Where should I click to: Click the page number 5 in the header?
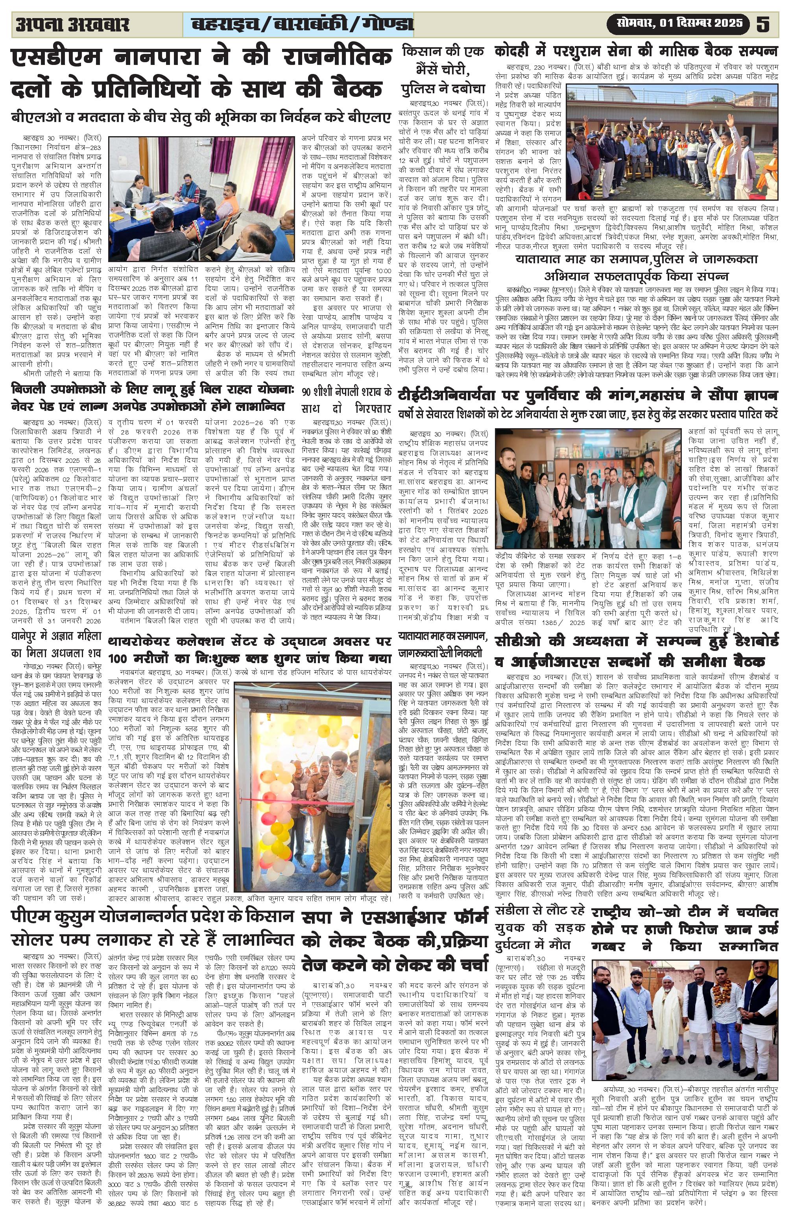pos(763,24)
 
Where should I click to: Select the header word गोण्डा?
pos(387,24)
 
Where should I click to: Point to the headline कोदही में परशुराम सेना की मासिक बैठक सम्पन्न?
pos(636,51)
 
